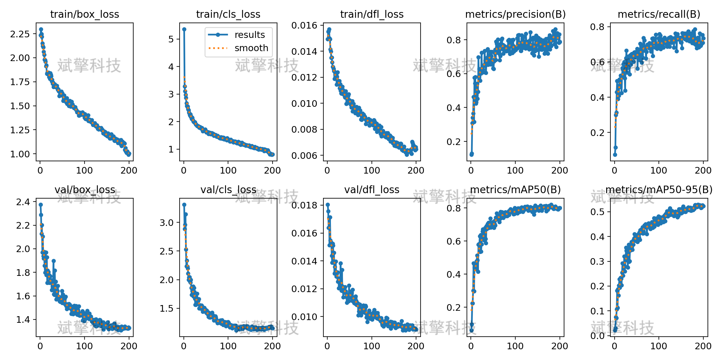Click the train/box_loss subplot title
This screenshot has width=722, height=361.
pyautogui.click(x=85, y=14)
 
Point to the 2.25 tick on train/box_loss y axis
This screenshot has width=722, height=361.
pyautogui.click(x=20, y=34)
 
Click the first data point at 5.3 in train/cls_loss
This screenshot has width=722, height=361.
pyautogui.click(x=184, y=29)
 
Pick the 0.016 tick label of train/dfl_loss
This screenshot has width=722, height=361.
pyautogui.click(x=304, y=25)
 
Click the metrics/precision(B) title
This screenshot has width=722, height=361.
pyautogui.click(x=515, y=14)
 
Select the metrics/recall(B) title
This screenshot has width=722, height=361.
pyautogui.click(x=659, y=14)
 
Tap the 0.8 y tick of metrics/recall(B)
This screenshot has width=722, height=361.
pyautogui.click(x=597, y=27)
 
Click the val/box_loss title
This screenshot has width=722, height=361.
pyautogui.click(x=85, y=190)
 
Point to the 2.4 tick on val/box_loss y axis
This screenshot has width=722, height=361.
pyautogui.click(x=23, y=202)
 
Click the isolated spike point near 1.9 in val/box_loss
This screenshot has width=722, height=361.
pyautogui.click(x=54, y=261)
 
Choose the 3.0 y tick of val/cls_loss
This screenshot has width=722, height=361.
pyautogui.click(x=167, y=223)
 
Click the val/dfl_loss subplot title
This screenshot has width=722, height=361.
pyautogui.click(x=372, y=190)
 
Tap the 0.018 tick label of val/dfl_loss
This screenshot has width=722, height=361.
pyautogui.click(x=304, y=205)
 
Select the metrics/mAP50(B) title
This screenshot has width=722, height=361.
pyautogui.click(x=515, y=190)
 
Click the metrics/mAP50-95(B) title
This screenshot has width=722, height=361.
pyautogui.click(x=659, y=190)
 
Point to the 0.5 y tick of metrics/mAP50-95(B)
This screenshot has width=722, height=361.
pyautogui.click(x=597, y=212)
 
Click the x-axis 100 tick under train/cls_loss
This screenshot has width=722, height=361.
pyautogui.click(x=228, y=170)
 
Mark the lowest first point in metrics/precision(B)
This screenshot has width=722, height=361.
pyautogui.click(x=471, y=154)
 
